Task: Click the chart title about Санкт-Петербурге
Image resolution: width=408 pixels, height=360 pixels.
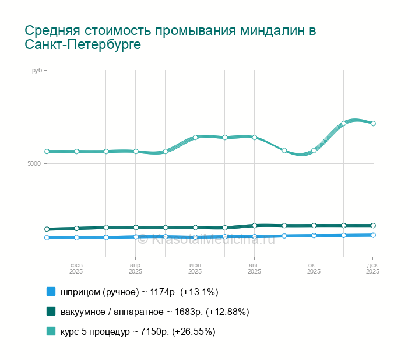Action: [x=170, y=37]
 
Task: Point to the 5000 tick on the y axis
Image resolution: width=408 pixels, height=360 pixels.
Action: [x=33, y=163]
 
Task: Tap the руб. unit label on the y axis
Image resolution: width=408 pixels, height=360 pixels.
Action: [x=37, y=71]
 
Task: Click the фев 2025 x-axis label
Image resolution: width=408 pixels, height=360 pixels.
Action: [x=76, y=268]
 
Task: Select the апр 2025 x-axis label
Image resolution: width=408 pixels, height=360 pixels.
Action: [x=136, y=268]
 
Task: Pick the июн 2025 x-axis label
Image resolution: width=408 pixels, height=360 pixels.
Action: [x=195, y=268]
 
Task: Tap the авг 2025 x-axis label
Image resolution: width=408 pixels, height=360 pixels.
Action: [x=255, y=268]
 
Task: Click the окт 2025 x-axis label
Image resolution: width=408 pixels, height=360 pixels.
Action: [x=314, y=268]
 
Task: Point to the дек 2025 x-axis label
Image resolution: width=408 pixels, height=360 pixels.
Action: [x=372, y=268]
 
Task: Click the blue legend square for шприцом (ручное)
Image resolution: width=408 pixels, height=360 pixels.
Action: [x=51, y=291]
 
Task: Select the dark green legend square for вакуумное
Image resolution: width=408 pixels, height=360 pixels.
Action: [x=51, y=312]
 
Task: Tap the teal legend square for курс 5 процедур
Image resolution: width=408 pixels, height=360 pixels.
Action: [x=51, y=331]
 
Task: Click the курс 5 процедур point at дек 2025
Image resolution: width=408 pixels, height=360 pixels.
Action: [x=373, y=124]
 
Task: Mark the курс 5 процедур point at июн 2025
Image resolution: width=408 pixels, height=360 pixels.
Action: [x=195, y=137]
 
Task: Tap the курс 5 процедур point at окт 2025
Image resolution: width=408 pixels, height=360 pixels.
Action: [x=314, y=151]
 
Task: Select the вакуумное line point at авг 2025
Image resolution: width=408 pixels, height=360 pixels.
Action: [x=255, y=225]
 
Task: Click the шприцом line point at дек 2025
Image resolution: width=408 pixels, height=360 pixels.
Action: [x=373, y=235]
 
